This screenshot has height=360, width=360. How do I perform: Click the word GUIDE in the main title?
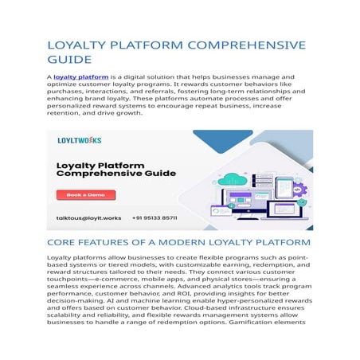pos(69,60)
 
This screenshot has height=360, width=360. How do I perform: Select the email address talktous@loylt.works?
pos(89,217)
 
